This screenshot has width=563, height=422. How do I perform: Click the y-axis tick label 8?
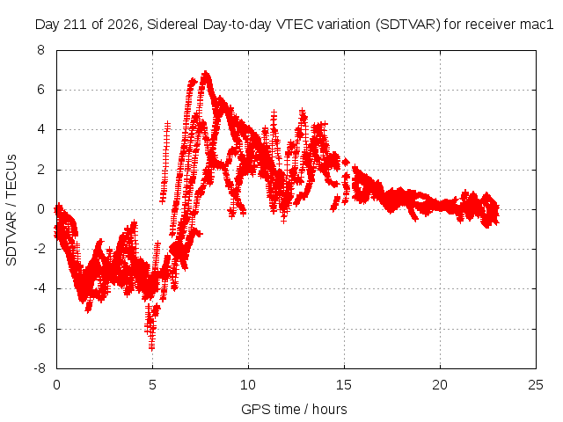click(x=41, y=50)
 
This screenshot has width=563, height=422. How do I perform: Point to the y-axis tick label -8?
click(x=40, y=368)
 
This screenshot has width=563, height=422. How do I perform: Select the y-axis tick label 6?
click(x=41, y=90)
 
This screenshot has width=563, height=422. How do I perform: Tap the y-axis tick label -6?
click(x=40, y=328)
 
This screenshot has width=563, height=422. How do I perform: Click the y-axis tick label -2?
click(x=40, y=249)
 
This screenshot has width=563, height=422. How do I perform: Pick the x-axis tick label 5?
click(x=152, y=385)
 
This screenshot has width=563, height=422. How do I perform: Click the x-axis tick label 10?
click(x=248, y=385)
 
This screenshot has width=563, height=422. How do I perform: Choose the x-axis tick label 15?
click(x=344, y=385)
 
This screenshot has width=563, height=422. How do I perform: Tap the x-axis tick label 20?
click(x=440, y=385)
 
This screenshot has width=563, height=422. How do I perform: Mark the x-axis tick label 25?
click(x=536, y=385)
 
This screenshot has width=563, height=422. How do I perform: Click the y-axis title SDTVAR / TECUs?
click(x=11, y=210)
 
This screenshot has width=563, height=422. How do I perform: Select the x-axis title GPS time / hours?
click(x=294, y=409)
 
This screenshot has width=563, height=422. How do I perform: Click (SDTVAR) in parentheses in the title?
click(x=408, y=25)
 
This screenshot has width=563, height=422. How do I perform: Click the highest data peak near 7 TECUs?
click(x=206, y=72)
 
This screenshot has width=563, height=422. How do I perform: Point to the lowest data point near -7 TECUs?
click(x=152, y=347)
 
